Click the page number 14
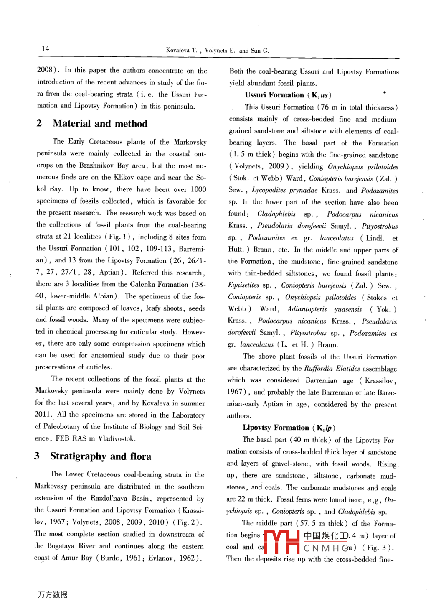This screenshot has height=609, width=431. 45,48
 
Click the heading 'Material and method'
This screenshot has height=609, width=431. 100,124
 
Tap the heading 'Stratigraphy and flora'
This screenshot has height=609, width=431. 100,456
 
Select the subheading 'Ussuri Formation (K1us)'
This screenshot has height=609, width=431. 288,95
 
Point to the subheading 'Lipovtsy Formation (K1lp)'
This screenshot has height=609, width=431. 289,428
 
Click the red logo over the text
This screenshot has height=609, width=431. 282,542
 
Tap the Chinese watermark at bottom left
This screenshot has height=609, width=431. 52,595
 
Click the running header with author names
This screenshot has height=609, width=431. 217,50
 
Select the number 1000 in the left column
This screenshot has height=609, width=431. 198,189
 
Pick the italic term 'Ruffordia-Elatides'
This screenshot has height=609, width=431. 332,369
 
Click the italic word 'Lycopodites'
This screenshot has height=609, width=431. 269,190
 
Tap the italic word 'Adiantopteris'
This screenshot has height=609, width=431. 307,309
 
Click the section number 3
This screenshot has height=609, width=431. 37,456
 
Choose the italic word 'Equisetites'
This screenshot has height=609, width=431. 243,285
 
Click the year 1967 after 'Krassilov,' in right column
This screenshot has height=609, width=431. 235,392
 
